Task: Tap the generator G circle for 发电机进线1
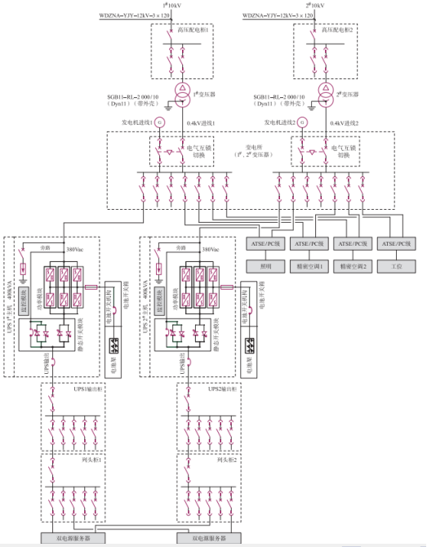click(x=160, y=122)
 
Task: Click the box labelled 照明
click(x=265, y=266)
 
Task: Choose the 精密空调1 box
click(x=309, y=266)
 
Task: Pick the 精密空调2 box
click(x=354, y=266)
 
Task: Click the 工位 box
click(x=398, y=266)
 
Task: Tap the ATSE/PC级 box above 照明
click(x=265, y=244)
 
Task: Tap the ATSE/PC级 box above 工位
click(x=398, y=244)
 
